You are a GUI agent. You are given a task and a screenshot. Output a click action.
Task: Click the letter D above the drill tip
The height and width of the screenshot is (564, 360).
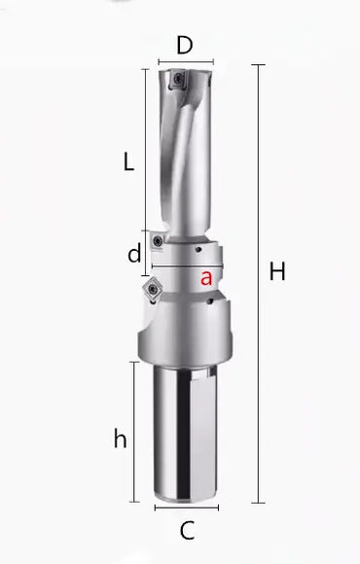[x=185, y=45]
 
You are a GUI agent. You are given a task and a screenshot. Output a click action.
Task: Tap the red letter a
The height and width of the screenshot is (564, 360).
[x=206, y=278]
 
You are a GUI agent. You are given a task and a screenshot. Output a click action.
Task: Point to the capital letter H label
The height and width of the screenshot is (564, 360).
[x=278, y=273]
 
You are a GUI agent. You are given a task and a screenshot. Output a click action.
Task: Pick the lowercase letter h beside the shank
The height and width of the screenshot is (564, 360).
[x=120, y=439]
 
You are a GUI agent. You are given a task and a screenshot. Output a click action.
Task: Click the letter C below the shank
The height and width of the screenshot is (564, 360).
[x=188, y=531]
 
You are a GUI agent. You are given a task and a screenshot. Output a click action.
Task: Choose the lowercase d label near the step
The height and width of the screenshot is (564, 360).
[x=135, y=255]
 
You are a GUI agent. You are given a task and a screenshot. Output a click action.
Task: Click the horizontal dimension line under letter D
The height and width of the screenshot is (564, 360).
[x=185, y=63]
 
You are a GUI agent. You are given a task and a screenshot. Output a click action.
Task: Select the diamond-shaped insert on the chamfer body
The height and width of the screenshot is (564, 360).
[x=154, y=291]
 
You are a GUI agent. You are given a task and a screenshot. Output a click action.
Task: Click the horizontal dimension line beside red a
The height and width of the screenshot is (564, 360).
[x=185, y=266]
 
